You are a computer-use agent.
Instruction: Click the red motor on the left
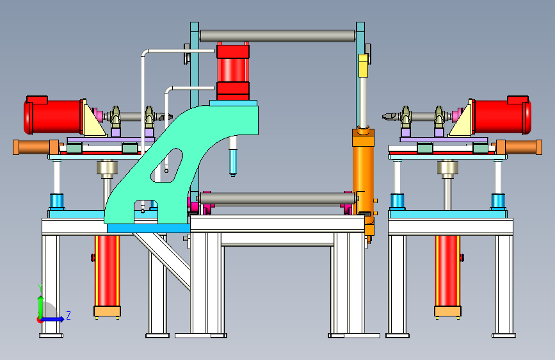[53, 115]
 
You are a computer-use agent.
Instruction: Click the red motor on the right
[502, 115]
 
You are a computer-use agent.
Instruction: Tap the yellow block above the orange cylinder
[363, 65]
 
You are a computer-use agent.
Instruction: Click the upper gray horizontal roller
[277, 36]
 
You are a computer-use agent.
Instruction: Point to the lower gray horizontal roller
[278, 199]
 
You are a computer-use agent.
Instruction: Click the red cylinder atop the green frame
[233, 72]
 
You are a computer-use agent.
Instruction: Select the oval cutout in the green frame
[167, 165]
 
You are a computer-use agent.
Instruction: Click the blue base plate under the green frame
[149, 228]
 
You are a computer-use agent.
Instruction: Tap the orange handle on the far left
[36, 147]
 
